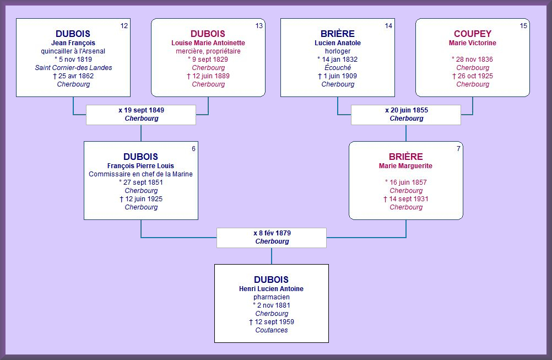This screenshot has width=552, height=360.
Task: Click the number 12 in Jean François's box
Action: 124,26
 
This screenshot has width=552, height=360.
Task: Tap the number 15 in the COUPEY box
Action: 523,26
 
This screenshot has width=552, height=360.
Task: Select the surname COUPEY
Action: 473,34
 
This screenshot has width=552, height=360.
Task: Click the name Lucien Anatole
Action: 338,43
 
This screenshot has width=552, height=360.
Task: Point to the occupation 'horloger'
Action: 338,51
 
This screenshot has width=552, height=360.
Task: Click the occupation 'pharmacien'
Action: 272,297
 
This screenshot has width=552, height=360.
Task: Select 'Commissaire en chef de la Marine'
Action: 141,174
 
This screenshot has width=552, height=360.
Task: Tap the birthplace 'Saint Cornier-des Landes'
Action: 73,68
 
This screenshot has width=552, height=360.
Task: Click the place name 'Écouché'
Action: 338,67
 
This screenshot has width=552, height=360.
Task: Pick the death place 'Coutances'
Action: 272,330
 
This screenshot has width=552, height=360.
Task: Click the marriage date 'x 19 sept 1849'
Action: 141,110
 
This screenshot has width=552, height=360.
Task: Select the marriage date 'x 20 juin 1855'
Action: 406,110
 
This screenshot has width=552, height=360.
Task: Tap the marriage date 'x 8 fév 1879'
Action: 272,233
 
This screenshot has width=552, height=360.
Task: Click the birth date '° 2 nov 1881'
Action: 272,305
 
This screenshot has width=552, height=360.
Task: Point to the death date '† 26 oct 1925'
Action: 473,76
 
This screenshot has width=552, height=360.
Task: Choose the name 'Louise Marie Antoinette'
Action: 208,43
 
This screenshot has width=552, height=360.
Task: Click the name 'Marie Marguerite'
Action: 405,166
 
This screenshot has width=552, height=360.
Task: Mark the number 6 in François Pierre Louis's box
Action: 193,149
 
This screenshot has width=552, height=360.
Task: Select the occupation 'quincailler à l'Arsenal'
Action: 73,51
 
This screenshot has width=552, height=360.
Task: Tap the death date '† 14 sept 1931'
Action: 405,199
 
